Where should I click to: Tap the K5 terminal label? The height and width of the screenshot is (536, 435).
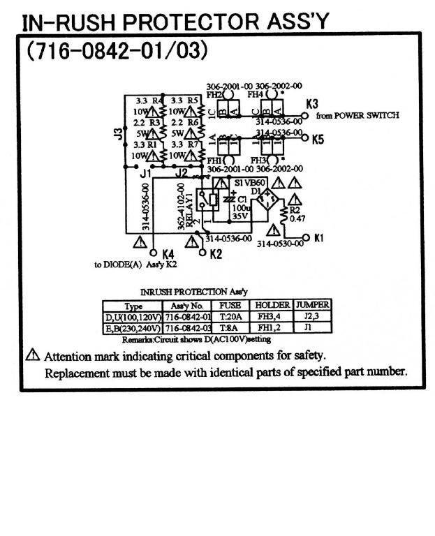click(x=318, y=139)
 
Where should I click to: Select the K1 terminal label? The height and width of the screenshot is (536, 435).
click(x=318, y=237)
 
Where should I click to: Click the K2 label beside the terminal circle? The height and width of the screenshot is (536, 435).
click(x=215, y=253)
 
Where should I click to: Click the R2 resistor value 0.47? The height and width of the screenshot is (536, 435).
click(x=298, y=218)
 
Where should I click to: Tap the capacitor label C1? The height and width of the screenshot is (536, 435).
click(x=242, y=198)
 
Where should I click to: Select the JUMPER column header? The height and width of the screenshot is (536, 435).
click(x=312, y=305)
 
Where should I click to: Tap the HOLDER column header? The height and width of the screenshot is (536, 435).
click(x=272, y=305)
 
